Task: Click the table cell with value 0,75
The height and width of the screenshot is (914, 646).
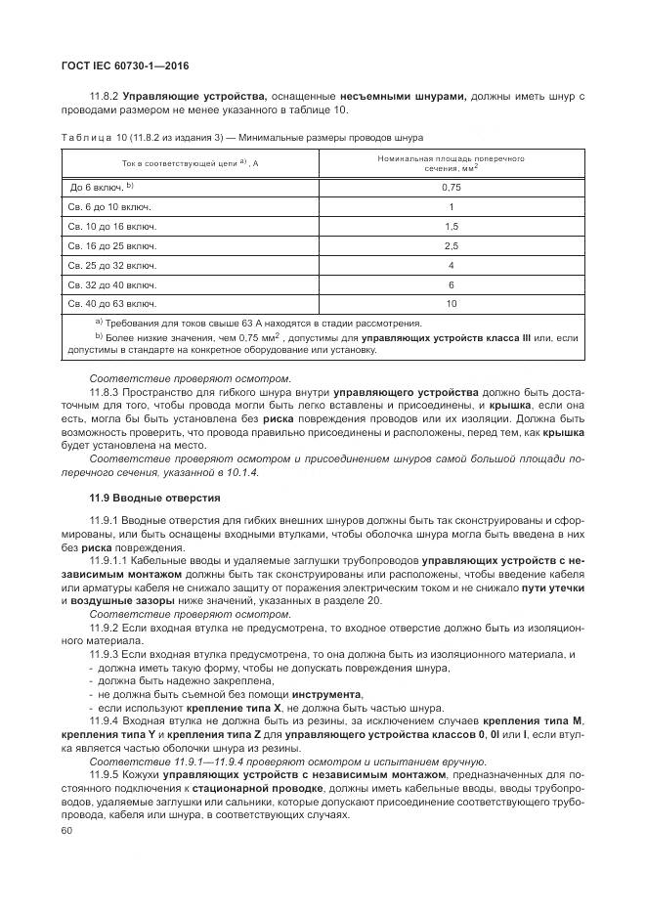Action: [x=451, y=187]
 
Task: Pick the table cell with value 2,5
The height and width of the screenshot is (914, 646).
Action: [x=451, y=245]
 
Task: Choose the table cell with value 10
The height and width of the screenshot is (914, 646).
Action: [x=451, y=304]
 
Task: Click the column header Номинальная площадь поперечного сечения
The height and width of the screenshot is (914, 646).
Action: [x=451, y=162]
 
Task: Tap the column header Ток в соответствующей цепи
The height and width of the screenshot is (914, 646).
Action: [x=190, y=163]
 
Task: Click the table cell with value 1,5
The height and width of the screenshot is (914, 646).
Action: [x=451, y=226]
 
